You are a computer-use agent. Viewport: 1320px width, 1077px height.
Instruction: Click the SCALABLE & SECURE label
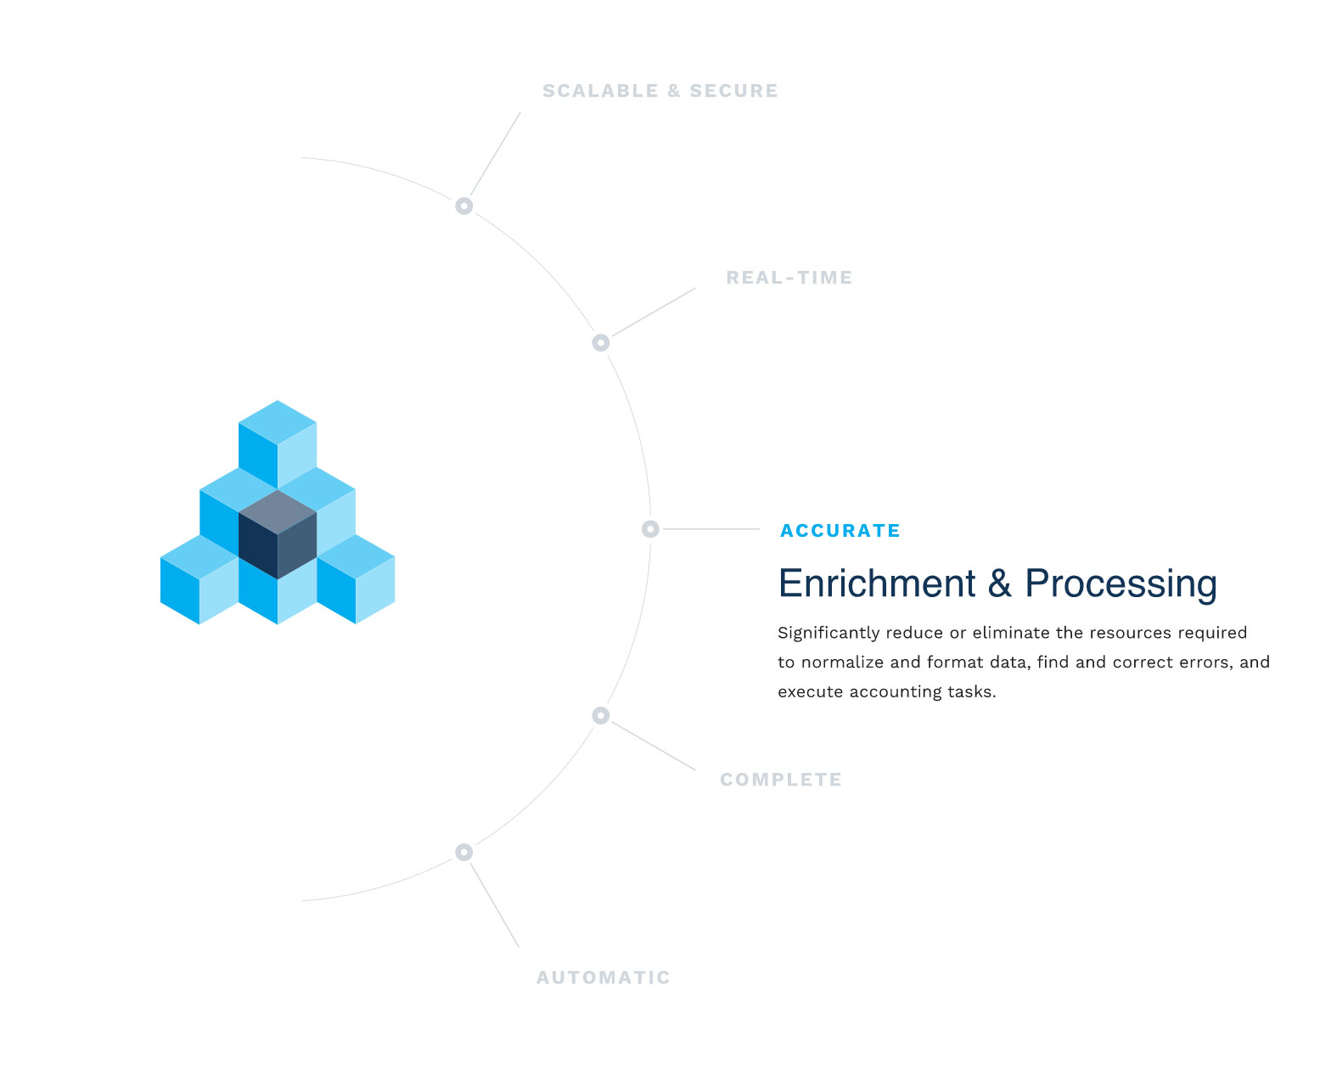tap(660, 91)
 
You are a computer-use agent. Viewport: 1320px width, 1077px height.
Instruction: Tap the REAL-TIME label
tap(789, 278)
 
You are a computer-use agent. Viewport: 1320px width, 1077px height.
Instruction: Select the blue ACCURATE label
tap(840, 530)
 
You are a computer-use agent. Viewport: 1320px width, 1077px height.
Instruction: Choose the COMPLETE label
tap(780, 780)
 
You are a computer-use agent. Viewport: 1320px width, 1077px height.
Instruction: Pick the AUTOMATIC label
tap(603, 978)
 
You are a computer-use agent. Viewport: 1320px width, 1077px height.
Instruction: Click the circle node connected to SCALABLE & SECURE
tap(463, 206)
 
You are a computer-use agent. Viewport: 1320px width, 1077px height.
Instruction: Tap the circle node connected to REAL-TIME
tap(600, 343)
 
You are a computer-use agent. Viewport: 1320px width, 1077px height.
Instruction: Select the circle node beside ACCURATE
tap(650, 529)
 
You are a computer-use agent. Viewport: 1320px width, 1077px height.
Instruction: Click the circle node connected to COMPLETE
tap(600, 715)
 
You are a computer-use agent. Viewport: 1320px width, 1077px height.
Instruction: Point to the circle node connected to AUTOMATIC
tap(463, 852)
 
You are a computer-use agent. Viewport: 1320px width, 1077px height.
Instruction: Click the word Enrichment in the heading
tap(876, 584)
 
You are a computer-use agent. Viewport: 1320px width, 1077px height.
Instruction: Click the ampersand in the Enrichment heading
tap(999, 584)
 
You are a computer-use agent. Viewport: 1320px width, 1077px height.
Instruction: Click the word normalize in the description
tap(842, 663)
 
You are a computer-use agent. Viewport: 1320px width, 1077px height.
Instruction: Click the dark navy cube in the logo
tap(278, 534)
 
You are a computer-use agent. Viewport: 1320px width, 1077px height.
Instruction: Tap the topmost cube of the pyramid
tap(278, 444)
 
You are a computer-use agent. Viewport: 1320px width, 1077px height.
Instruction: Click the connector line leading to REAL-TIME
tap(654, 313)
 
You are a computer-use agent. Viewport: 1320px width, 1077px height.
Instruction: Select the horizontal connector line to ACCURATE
tap(711, 529)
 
